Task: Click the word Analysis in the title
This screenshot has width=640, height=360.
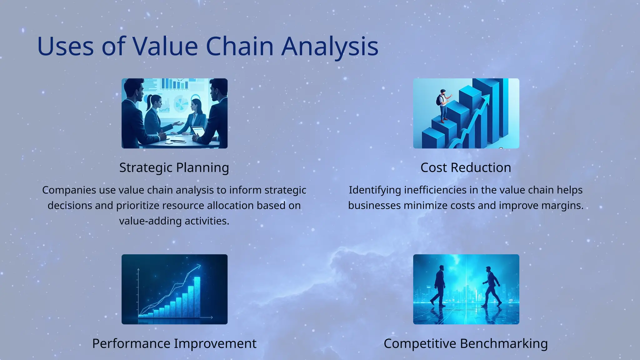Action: point(330,47)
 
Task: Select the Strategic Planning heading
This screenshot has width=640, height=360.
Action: point(174,167)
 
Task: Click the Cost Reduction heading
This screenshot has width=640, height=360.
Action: point(466,167)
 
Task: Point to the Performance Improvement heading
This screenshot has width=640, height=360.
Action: point(174,343)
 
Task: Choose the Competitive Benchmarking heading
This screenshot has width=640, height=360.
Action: point(466,343)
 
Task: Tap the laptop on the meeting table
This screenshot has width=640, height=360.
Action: point(198,131)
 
